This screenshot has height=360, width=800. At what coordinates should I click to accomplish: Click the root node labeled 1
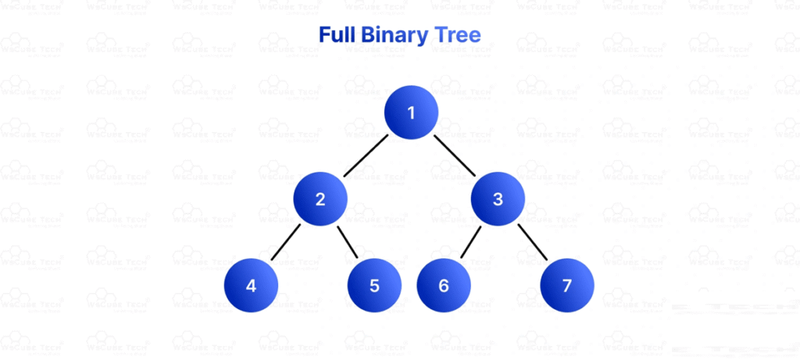(x=411, y=112)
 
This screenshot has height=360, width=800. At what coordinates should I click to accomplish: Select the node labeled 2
(x=320, y=198)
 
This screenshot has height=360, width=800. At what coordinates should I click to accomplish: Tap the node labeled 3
(x=498, y=198)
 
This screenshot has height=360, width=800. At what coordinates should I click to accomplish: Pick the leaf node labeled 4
(x=251, y=285)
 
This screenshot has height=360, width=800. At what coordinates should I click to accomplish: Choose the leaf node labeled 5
(x=374, y=285)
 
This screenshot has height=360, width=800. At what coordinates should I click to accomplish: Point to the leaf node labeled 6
(x=444, y=285)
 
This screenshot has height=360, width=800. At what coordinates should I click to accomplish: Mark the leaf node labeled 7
(x=566, y=285)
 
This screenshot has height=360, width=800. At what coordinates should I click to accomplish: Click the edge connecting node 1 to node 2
(x=366, y=155)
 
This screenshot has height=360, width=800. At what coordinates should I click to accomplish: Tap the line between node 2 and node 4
(x=286, y=242)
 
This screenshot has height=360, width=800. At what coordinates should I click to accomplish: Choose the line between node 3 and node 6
(x=471, y=242)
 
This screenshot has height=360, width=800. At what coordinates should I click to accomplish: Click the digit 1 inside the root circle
(x=411, y=112)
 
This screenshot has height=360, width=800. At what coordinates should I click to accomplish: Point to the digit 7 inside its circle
(x=566, y=285)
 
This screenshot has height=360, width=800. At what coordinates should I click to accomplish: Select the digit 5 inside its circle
(x=374, y=285)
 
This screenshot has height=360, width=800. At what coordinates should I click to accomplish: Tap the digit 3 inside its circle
(x=498, y=198)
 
